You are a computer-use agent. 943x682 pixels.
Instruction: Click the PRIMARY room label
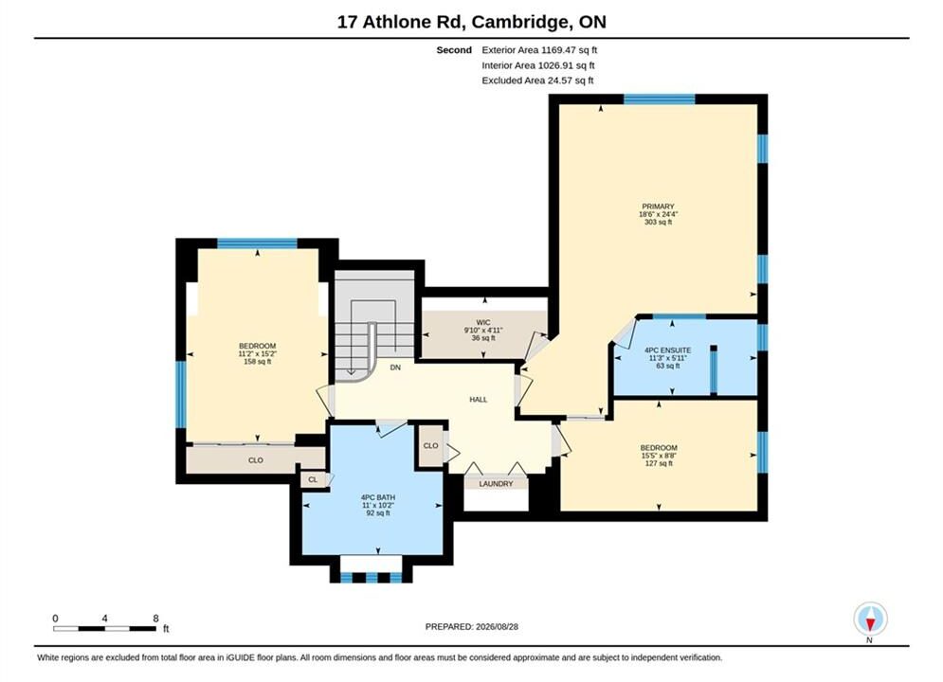[x=658, y=206]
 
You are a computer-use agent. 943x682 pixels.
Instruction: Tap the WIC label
[x=483, y=323]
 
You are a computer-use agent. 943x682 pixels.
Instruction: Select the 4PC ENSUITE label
[x=667, y=350]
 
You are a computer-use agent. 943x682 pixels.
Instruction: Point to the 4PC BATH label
[x=378, y=497]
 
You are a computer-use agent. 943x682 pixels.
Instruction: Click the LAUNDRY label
[x=497, y=484]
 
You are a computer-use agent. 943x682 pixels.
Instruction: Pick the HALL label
[x=478, y=400]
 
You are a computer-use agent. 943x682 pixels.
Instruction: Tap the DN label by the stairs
[x=395, y=368]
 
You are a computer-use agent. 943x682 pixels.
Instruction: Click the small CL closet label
[x=313, y=479]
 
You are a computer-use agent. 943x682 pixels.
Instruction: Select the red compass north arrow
[x=870, y=624]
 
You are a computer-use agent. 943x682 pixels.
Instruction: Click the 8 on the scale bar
[x=155, y=619]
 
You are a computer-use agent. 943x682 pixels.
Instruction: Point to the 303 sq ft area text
[x=658, y=222]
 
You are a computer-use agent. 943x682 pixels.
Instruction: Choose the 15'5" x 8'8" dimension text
[x=659, y=456]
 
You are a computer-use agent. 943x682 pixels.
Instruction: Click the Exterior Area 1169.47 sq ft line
[x=539, y=50]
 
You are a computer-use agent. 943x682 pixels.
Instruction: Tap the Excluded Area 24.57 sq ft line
[x=537, y=81]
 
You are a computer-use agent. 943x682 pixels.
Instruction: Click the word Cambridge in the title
[x=521, y=22]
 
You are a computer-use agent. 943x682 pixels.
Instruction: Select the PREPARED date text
[x=472, y=627]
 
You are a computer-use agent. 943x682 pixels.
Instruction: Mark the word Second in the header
[x=454, y=50]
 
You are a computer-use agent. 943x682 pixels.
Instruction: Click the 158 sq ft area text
[x=258, y=362]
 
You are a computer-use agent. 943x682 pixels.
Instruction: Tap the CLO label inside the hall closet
[x=430, y=446]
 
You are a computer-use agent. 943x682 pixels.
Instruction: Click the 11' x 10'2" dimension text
[x=378, y=505]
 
